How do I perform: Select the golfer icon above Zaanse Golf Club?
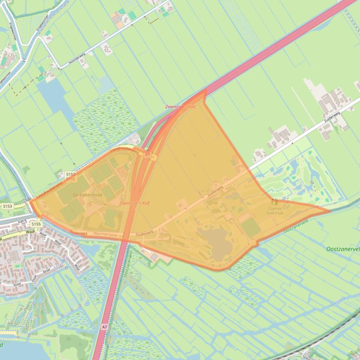click(x=274, y=202)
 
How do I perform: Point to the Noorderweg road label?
click(x=77, y=59)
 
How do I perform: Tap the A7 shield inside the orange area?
click(x=147, y=154)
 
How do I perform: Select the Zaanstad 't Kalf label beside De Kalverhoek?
click(x=135, y=203)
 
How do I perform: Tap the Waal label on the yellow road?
click(x=30, y=230)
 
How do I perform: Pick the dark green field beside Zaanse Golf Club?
click(x=251, y=227)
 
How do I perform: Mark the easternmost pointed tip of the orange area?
click(x=330, y=210)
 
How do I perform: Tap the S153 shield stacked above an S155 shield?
click(x=71, y=174)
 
